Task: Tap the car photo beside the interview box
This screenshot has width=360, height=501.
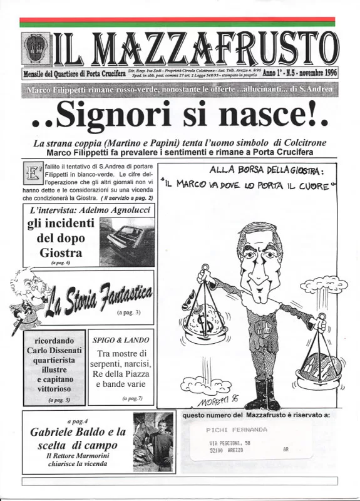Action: coord(126,242)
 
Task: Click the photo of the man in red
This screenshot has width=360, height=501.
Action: coord(153,441)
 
